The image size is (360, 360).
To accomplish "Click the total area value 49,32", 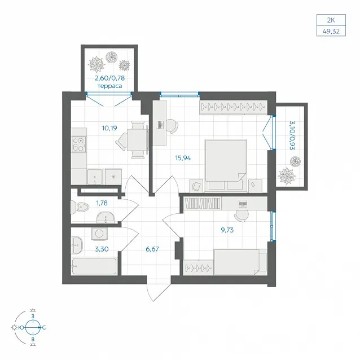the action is click(x=331, y=31).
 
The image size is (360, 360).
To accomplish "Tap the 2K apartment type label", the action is click(x=331, y=20).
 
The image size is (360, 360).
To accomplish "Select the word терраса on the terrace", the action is click(x=109, y=86).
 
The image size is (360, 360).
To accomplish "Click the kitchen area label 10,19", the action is click(x=109, y=128).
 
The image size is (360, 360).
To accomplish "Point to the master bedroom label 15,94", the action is click(x=183, y=158).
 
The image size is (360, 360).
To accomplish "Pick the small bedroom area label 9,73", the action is click(x=227, y=230).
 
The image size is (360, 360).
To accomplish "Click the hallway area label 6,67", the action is click(x=152, y=249).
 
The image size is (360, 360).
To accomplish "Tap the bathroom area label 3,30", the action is click(x=102, y=249).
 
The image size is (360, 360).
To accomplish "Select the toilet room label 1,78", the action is click(x=102, y=203).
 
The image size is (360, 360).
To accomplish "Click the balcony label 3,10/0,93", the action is click(x=292, y=135).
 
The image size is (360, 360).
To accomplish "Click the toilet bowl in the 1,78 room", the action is click(x=80, y=207).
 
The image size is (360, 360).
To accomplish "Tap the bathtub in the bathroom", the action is click(x=94, y=266).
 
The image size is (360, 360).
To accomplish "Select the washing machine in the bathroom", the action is click(x=99, y=234).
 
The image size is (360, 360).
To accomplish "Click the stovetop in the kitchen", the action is click(x=78, y=144).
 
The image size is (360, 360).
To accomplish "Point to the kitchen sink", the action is click(x=95, y=177).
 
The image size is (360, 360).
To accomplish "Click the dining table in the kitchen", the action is click(x=137, y=139).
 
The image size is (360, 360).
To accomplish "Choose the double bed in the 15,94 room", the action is click(x=226, y=165).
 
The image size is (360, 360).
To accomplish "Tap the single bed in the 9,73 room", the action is click(x=240, y=262).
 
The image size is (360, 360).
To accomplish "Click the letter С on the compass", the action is click(x=44, y=327).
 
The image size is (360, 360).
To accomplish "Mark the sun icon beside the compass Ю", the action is click(x=14, y=327).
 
